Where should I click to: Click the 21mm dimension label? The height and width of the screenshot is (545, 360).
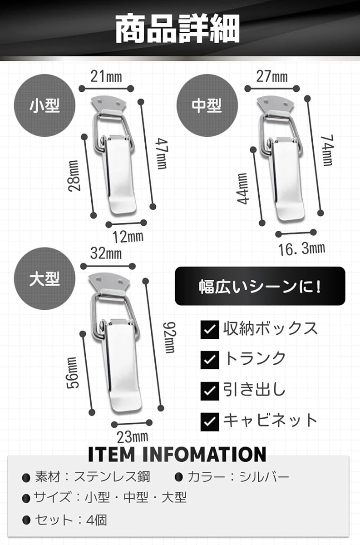[106, 76]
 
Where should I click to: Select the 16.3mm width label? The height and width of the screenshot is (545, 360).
[301, 249]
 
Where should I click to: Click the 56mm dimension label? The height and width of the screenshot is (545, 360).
[73, 372]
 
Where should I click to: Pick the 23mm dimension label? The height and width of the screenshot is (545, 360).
[132, 437]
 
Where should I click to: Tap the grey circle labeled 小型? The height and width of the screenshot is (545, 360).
[44, 105]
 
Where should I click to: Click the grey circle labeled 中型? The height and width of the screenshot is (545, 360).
[207, 105]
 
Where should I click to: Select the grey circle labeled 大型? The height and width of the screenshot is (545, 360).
[44, 278]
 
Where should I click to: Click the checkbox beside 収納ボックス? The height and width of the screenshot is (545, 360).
[210, 330]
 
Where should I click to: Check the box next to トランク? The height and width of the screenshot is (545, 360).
[210, 360]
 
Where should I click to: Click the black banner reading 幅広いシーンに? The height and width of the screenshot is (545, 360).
[260, 286]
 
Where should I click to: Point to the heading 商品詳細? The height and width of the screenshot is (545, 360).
[178, 29]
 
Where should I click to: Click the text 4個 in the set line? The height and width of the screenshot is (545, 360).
[97, 520]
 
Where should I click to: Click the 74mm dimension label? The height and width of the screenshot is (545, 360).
[327, 151]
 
